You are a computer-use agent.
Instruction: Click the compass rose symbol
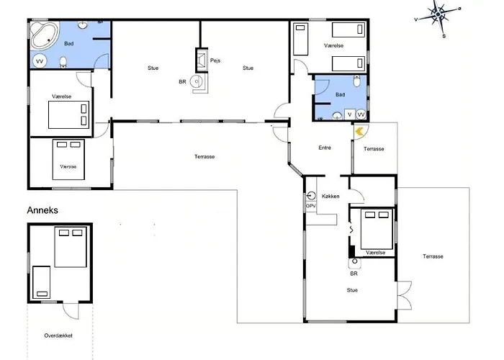click(438, 15)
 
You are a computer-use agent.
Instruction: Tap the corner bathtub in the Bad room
click(45, 35)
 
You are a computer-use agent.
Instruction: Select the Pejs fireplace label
click(215, 60)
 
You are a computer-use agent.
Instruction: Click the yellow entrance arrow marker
click(359, 131)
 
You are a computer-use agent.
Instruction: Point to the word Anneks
click(42, 210)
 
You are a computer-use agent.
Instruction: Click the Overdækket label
click(58, 336)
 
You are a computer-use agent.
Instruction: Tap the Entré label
click(325, 148)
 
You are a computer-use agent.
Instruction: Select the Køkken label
click(330, 196)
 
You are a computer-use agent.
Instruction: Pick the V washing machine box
click(350, 114)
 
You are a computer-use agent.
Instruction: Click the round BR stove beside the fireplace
click(196, 81)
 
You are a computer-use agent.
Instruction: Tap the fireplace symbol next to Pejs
click(202, 60)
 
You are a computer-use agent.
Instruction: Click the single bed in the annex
click(42, 282)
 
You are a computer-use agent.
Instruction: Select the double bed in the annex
click(71, 247)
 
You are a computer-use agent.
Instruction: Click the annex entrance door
click(71, 310)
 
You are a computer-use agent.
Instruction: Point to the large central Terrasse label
click(204, 156)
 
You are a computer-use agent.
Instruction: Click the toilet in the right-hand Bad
click(357, 81)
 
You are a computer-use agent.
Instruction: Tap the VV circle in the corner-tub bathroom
click(40, 61)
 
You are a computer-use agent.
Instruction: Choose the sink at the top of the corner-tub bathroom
click(84, 24)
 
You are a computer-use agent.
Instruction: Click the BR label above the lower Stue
click(354, 274)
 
